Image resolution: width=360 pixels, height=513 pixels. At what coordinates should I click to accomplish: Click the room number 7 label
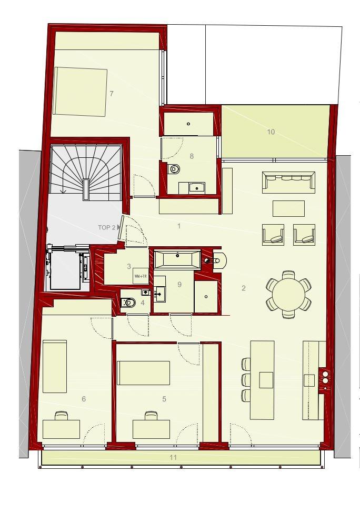tap(112, 94)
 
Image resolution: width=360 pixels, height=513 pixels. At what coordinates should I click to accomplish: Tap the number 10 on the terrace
tap(271, 132)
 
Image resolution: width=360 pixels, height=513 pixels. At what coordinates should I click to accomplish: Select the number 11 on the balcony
tap(173, 457)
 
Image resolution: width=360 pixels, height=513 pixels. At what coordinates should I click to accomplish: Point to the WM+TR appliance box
tap(141, 276)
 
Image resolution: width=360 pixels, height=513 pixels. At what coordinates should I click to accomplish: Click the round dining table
tap(288, 294)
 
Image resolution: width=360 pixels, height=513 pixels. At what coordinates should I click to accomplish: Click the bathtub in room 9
tap(177, 259)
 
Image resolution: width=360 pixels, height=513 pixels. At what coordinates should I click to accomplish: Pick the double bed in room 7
tap(80, 92)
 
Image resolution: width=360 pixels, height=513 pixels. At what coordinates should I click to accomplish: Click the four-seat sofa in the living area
tap(288, 181)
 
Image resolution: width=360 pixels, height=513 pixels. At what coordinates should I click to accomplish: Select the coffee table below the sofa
tap(288, 208)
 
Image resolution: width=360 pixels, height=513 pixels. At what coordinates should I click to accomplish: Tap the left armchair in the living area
tap(273, 235)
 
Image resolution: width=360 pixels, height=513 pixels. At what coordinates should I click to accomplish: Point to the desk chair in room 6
tap(62, 416)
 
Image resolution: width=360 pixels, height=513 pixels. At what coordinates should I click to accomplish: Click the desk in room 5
tap(151, 429)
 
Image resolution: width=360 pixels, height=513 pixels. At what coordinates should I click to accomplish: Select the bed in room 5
tap(143, 373)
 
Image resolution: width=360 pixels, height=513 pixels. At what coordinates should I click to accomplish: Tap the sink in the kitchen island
tap(266, 379)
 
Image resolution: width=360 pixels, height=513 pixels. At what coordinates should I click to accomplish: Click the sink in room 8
tap(197, 187)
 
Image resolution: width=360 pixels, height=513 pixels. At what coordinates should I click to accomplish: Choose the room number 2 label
tap(244, 288)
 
